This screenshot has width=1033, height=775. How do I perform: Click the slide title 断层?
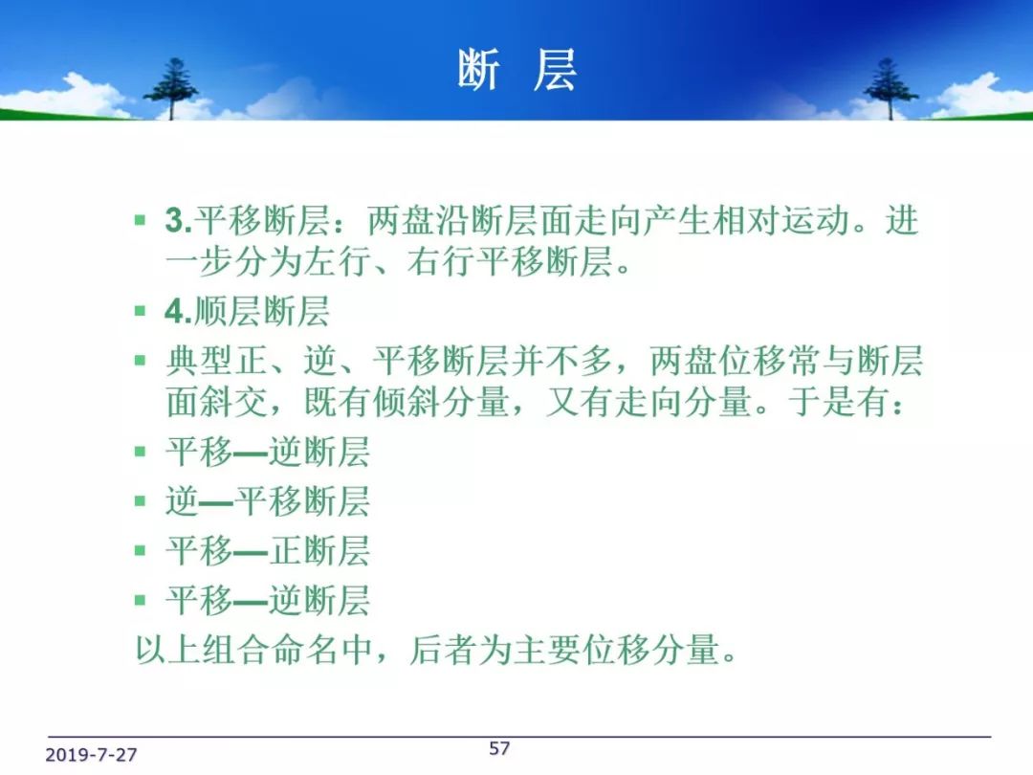pyautogui.click(x=517, y=70)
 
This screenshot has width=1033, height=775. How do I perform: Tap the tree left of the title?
pyautogui.click(x=171, y=89)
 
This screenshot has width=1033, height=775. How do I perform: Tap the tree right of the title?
pyautogui.click(x=890, y=89)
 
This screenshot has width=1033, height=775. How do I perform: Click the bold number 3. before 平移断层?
pyautogui.click(x=178, y=220)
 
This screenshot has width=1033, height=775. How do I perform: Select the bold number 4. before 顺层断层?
pyautogui.click(x=178, y=311)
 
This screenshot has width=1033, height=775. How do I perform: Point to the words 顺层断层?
pyautogui.click(x=261, y=311)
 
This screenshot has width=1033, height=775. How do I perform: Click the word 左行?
pyautogui.click(x=338, y=261)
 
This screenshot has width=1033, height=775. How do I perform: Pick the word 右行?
pyautogui.click(x=441, y=261)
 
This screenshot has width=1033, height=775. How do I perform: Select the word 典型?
pyautogui.click(x=199, y=361)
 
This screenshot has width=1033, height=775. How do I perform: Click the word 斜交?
pyautogui.click(x=234, y=402)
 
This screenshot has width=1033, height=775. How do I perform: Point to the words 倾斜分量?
pyautogui.click(x=441, y=402)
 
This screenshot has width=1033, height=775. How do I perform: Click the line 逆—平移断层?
pyautogui.click(x=268, y=501)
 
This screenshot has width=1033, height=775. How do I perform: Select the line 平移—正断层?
pyautogui.click(x=268, y=551)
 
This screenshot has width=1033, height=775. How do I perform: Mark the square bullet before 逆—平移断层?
pyautogui.click(x=140, y=501)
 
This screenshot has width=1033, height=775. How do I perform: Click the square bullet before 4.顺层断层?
pyautogui.click(x=140, y=311)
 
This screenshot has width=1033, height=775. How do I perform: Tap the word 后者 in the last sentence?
pyautogui.click(x=443, y=651)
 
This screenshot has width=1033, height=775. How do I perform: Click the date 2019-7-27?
pyautogui.click(x=91, y=755)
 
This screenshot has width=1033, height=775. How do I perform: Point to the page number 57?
pyautogui.click(x=499, y=748)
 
